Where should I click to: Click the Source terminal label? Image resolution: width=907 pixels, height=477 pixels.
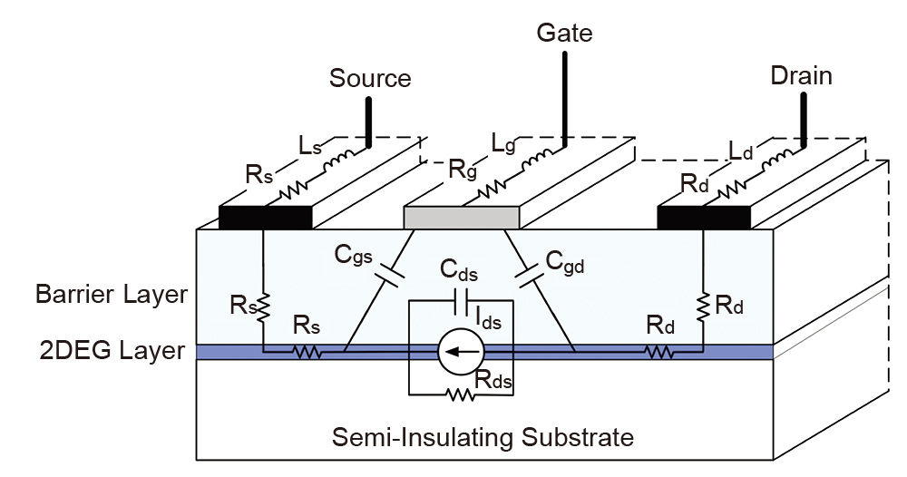tap(370, 78)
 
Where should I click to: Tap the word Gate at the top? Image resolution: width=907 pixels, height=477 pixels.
tap(564, 34)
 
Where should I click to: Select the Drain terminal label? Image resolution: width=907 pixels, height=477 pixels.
tap(801, 75)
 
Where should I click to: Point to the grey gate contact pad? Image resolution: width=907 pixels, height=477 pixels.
tap(462, 217)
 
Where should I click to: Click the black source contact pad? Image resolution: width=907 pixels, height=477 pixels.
tap(266, 217)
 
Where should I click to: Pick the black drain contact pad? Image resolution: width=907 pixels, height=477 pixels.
tap(704, 217)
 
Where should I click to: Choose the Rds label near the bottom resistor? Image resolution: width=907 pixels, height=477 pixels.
tap(495, 383)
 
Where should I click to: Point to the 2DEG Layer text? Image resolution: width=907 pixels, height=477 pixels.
tap(112, 351)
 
